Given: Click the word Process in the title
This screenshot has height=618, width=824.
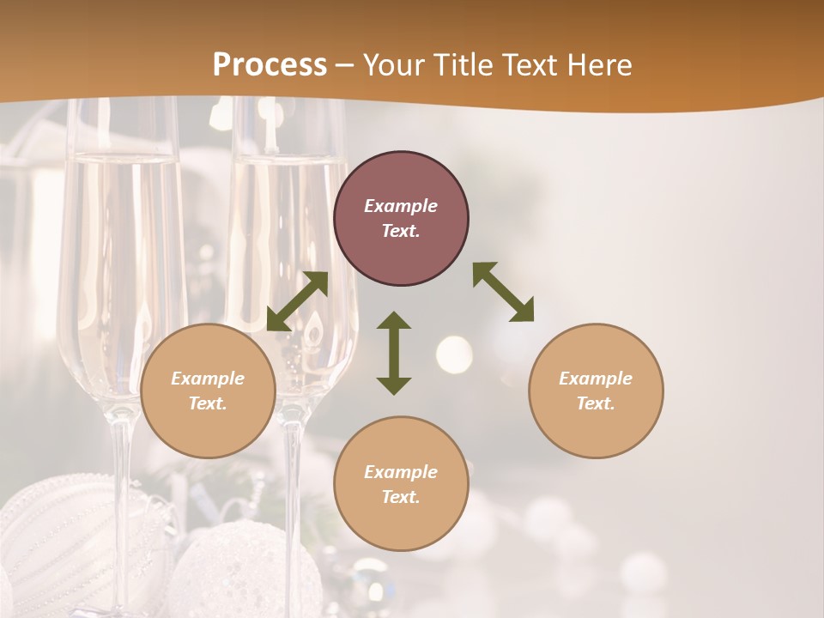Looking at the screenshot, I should coord(270,65).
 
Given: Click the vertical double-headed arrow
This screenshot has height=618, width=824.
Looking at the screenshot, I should coord(394,353).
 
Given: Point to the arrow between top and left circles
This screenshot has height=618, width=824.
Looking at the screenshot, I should coord(297,301).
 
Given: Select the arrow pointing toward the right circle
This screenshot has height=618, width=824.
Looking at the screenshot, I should coord(503,292).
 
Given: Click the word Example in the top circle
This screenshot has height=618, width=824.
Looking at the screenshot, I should coord(401,206).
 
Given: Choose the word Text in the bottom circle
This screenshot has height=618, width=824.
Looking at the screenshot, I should coord(401,497).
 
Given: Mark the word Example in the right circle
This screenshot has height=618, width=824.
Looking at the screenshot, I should coord(596,379).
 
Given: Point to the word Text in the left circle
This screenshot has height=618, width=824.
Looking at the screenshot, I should coord(208,403).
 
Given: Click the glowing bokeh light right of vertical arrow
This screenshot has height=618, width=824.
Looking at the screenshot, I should coord(453,353).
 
